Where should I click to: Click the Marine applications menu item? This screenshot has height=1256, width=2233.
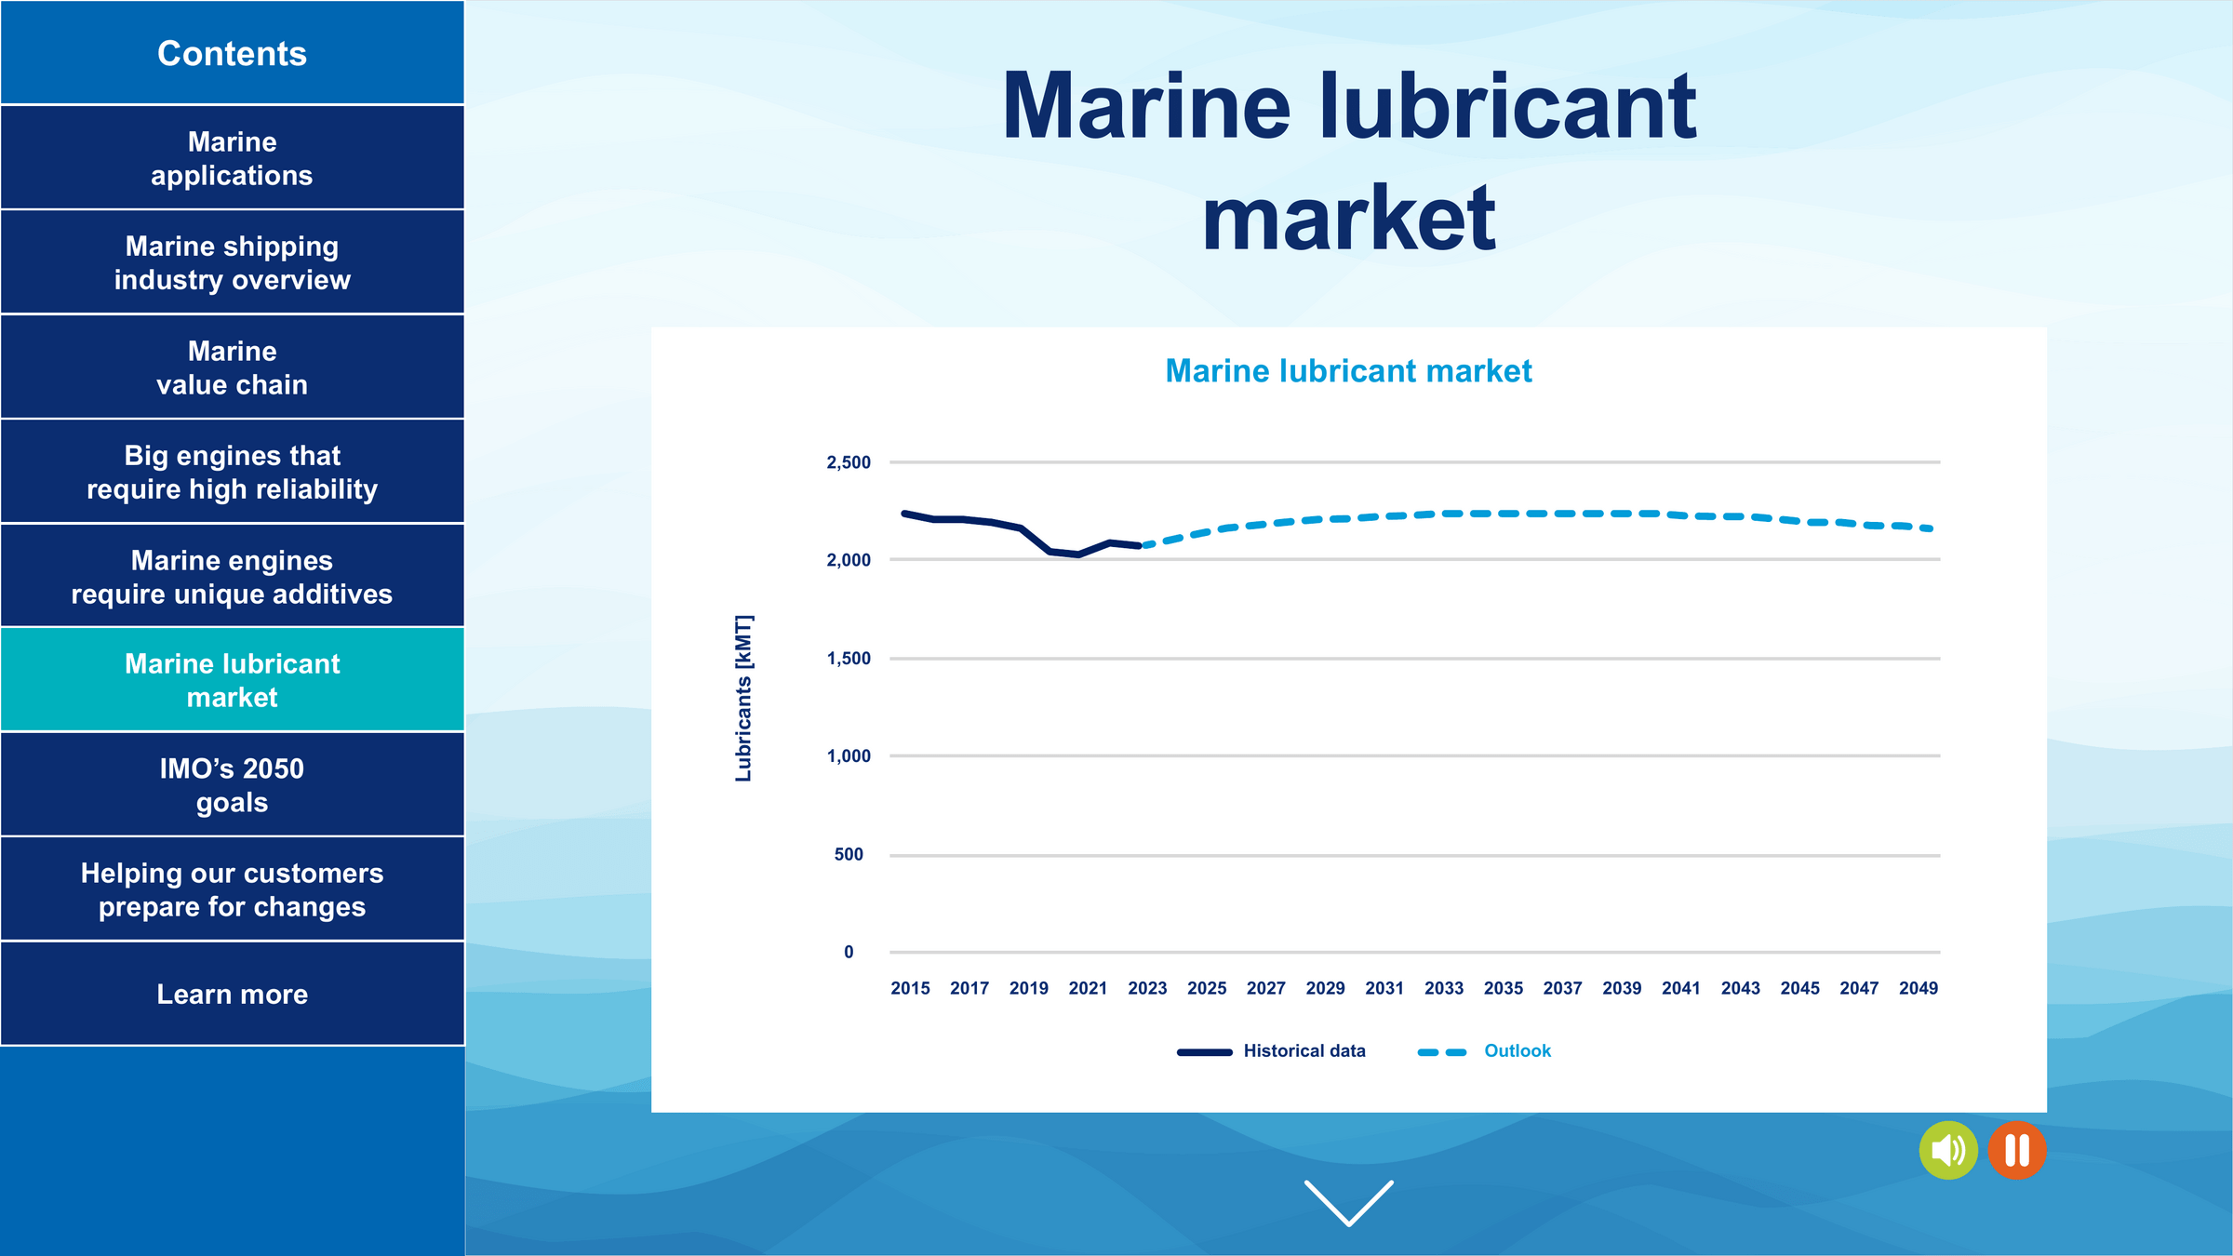coord(232,157)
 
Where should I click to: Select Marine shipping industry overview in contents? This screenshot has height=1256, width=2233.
coord(232,262)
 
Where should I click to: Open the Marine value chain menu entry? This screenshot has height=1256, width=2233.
coord(232,367)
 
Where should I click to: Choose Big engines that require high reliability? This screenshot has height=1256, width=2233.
coord(232,472)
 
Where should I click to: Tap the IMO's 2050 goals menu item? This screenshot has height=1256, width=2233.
coord(232,784)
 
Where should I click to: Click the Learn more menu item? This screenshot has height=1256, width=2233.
coord(232,994)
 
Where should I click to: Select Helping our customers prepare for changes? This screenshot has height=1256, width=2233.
coord(232,889)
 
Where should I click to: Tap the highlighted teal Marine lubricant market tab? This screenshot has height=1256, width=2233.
coord(232,680)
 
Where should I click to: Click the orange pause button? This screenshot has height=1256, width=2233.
coord(2017,1151)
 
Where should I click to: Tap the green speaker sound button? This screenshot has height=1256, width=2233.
coord(1948,1151)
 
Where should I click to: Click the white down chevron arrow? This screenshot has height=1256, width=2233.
coord(1349,1203)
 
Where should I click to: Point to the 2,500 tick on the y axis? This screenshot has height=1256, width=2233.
coord(849,462)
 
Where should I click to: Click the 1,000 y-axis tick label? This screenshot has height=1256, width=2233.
coord(849,756)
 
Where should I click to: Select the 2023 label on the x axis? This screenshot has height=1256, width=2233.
coord(1147,988)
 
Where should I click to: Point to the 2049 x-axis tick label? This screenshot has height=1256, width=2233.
coord(1919,988)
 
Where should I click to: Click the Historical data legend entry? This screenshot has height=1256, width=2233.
coord(1271,1051)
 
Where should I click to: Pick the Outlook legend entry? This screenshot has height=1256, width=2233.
coord(1484,1051)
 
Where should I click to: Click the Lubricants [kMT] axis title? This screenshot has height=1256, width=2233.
coord(743,698)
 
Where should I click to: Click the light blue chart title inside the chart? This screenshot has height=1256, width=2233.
coord(1348,371)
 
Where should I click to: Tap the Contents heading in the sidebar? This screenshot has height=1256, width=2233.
coord(232,53)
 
